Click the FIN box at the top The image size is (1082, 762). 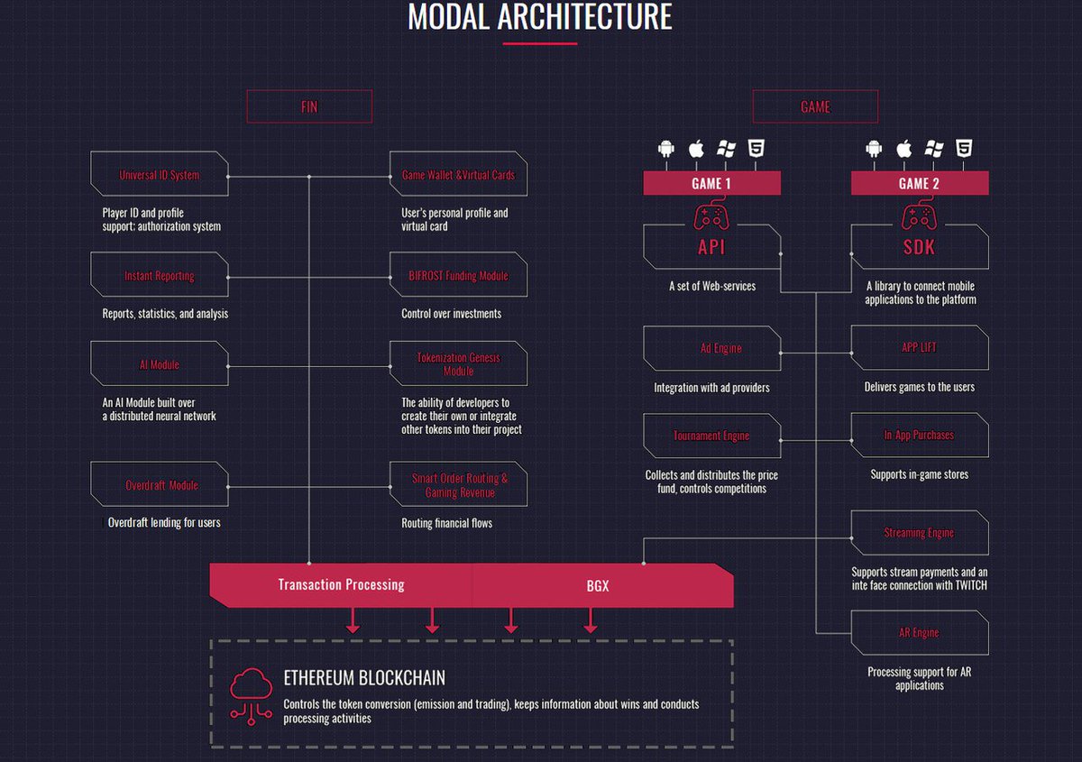coord(309,106)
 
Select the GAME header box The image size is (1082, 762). coord(815,106)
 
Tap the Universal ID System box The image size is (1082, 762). coord(160,174)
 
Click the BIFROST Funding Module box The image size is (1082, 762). coord(458,274)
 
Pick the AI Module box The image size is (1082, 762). coord(160,363)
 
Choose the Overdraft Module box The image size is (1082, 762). coord(160,484)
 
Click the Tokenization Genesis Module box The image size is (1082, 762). coord(458,363)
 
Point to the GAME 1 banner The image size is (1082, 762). coord(711,183)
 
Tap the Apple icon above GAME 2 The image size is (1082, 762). coord(903,148)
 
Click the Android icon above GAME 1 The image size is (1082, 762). coord(666,148)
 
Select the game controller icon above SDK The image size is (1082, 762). coord(919,217)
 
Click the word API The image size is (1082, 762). coord(711,247)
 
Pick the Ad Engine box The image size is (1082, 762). coord(712,348)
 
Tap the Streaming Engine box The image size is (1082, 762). coord(919,532)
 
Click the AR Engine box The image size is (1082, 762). coord(919,632)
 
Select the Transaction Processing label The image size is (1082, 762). coord(341,584)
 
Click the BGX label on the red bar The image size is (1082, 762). coord(598,585)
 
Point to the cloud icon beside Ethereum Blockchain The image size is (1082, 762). coord(251,696)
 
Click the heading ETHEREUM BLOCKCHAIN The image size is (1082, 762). coord(364,678)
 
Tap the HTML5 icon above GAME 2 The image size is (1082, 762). coord(964,148)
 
